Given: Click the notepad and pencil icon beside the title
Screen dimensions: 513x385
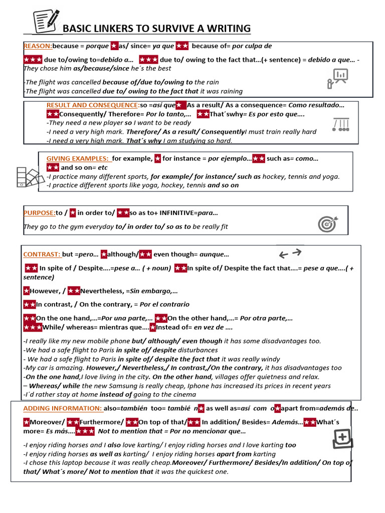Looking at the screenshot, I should pyautogui.click(x=46, y=21).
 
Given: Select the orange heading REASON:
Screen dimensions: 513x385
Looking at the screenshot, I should pyautogui.click(x=38, y=46).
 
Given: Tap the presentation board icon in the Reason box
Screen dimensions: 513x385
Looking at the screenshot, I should pyautogui.click(x=338, y=78).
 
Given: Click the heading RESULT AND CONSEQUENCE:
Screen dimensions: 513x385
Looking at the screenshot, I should pyautogui.click(x=93, y=105).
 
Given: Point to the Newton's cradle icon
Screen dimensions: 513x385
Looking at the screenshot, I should pyautogui.click(x=341, y=125).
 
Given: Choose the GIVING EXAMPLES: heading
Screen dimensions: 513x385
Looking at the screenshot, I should pyautogui.click(x=77, y=158).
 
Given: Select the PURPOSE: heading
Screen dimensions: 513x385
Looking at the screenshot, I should pyautogui.click(x=39, y=213).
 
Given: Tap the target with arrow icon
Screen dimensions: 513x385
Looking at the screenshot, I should pyautogui.click(x=328, y=223).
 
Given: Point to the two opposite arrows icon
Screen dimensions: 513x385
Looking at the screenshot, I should pyautogui.click(x=291, y=253).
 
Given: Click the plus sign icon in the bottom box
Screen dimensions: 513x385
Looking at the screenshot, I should pyautogui.click(x=343, y=439).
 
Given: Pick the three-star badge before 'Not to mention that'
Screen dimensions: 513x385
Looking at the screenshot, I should pyautogui.click(x=85, y=431).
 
